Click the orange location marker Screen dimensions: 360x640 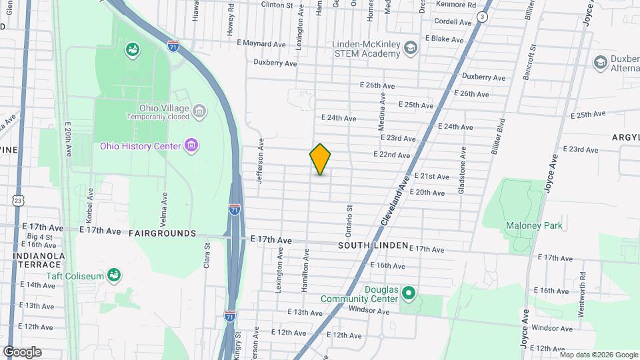320,159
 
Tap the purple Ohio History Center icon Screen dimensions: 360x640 191,145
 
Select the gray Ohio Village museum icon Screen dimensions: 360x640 199,111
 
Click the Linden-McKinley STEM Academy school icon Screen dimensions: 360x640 411,47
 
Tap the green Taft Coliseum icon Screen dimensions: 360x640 114,274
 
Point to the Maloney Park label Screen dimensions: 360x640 533,225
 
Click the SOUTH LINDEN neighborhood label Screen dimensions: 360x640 372,245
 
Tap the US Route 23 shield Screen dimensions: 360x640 18,200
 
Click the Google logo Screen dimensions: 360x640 22,351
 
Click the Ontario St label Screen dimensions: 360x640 348,221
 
